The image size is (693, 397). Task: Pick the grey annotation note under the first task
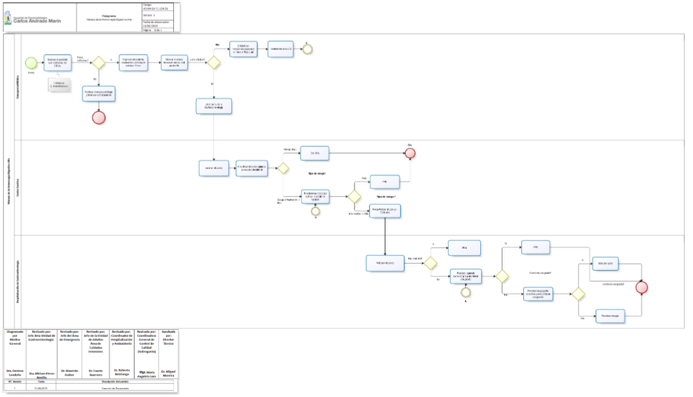(59, 84)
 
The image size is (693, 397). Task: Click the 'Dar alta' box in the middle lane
(314, 153)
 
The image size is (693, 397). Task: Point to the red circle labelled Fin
(410, 154)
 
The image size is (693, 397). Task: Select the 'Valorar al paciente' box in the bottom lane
(386, 262)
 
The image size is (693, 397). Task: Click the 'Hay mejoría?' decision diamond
(430, 263)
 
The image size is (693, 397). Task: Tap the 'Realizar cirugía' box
(612, 317)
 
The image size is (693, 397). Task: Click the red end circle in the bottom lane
(641, 287)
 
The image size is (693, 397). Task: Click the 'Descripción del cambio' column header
(115, 382)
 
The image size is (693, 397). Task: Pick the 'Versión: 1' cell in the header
(156, 15)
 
